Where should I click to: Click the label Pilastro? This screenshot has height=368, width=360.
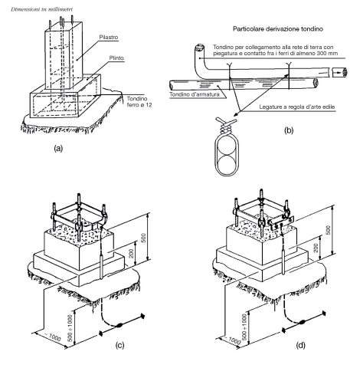pos(109,38)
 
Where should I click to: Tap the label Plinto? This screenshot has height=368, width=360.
pos(116,58)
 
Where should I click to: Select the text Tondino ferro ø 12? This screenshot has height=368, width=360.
pos(139,102)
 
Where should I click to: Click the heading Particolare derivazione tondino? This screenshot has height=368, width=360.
pos(278,29)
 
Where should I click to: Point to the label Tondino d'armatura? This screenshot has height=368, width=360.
pos(195,94)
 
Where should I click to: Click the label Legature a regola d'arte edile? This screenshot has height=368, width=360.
pos(297,107)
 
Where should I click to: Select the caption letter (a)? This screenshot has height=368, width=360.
pos(58,148)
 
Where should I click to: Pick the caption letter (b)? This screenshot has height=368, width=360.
pos(289,130)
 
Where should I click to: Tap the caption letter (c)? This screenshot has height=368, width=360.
pos(119,345)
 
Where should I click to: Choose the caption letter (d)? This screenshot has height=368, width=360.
pos(300,345)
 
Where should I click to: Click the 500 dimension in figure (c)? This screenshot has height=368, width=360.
pos(143,238)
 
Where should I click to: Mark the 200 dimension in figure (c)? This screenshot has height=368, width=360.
pos(132,253)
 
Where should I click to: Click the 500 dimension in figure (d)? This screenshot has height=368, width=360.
pos(329,230)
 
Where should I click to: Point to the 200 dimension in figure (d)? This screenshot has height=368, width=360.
pos(316,248)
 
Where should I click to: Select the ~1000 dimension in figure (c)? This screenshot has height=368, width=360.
pos(52,337)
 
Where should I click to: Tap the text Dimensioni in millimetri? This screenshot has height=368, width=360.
pos(41,9)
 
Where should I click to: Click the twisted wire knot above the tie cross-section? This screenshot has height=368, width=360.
pos(226,126)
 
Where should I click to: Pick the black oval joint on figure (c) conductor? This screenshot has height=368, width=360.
pos(119,326)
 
